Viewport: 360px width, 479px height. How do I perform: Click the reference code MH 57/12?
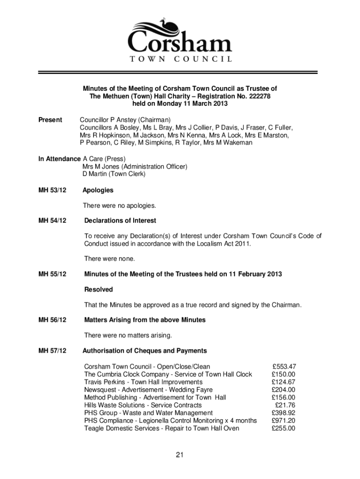(x=52, y=351)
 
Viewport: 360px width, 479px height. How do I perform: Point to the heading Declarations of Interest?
(x=120, y=220)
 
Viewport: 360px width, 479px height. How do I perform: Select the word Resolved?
(x=98, y=290)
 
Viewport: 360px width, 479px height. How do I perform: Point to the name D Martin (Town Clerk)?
(x=114, y=174)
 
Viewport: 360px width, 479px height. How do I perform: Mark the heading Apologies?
(x=98, y=190)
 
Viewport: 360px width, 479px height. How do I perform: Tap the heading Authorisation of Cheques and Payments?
(x=144, y=351)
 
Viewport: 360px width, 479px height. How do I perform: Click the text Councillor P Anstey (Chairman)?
(x=125, y=120)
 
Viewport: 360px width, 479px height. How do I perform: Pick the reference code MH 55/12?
(x=52, y=274)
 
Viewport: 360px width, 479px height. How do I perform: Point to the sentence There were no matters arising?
(x=128, y=335)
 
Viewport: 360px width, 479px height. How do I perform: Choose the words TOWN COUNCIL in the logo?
(x=180, y=59)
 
